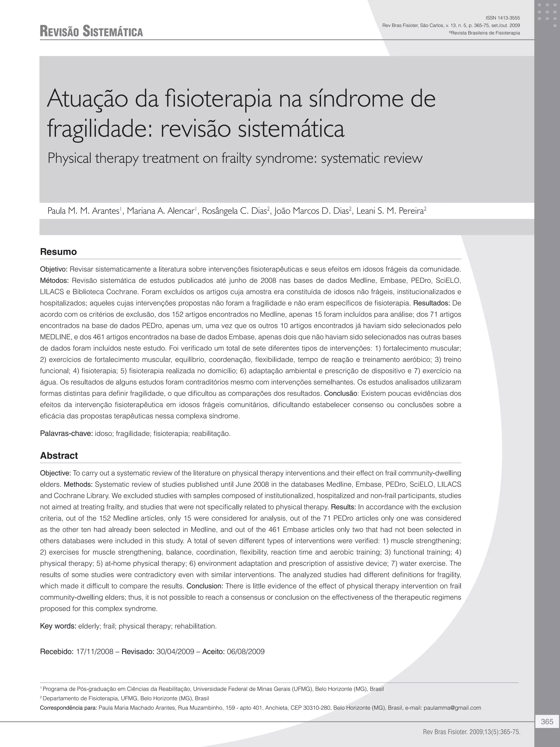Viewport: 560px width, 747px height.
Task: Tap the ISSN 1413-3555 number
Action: click(502, 18)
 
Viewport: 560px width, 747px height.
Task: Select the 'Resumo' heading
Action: click(59, 252)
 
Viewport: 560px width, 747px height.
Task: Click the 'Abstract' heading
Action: click(59, 456)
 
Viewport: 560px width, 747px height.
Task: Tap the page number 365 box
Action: click(547, 722)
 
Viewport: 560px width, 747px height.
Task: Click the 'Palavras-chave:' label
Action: click(66, 434)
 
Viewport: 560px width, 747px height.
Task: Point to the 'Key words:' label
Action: click(58, 626)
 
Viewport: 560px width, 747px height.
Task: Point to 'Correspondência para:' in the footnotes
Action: click(69, 708)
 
